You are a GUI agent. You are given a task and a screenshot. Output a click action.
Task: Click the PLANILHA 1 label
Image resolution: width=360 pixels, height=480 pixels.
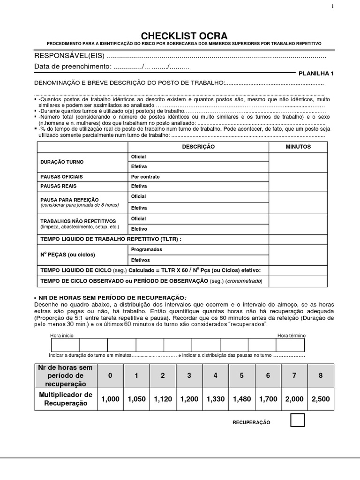[x=316, y=74]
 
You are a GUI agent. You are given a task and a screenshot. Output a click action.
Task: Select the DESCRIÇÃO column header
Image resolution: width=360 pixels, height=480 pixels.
[x=198, y=147]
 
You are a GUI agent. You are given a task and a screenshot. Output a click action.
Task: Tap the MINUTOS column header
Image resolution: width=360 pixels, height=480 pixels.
[x=298, y=147]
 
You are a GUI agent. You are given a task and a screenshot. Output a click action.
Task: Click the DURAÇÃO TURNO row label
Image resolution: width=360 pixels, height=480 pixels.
[x=62, y=162]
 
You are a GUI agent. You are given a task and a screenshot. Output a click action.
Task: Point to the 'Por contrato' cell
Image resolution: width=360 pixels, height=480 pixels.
[x=145, y=177]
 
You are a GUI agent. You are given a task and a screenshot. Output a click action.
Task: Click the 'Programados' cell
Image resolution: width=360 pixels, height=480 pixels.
[x=147, y=249]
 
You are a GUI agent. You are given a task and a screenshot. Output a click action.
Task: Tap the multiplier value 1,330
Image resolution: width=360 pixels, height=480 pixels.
[x=215, y=399]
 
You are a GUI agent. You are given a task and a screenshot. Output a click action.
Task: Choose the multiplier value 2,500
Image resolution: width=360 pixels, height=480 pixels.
[x=321, y=399]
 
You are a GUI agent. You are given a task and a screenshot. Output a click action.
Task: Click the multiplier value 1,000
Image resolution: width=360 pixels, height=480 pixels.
[x=111, y=399]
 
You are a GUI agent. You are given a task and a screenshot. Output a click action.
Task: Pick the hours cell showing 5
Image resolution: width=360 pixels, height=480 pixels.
[x=241, y=375]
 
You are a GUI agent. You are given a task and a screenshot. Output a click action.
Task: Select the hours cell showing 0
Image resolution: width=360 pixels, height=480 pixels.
[x=111, y=375]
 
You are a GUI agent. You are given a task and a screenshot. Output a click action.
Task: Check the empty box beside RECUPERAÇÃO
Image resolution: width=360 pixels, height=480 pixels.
[x=297, y=420]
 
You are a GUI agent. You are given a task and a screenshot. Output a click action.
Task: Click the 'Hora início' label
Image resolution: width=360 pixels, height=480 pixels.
[x=61, y=336]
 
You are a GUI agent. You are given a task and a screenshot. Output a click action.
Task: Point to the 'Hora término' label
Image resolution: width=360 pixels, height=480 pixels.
[x=292, y=336]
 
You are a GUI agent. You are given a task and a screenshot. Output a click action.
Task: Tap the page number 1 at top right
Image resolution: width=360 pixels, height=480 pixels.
[x=333, y=6]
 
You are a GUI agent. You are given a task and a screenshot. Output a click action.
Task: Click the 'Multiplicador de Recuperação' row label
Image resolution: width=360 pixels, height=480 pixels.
[x=66, y=399]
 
